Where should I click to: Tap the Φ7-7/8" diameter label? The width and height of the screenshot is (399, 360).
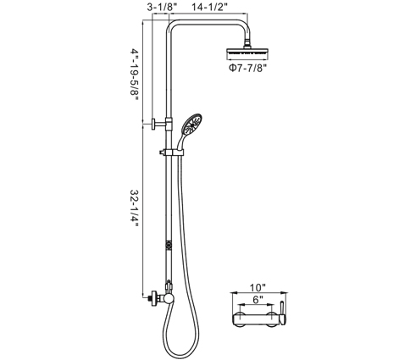(x=248, y=69)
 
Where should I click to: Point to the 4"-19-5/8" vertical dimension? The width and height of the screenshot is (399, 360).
(x=135, y=75)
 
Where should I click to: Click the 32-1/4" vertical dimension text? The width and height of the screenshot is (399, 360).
(x=135, y=208)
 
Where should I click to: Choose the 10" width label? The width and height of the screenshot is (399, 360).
(x=258, y=288)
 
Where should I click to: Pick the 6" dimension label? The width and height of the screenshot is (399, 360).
(x=257, y=300)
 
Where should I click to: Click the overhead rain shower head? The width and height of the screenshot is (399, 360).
(x=247, y=53)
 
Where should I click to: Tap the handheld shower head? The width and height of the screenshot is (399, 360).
(x=192, y=125)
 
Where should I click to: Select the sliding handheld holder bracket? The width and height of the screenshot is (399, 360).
(x=172, y=152)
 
